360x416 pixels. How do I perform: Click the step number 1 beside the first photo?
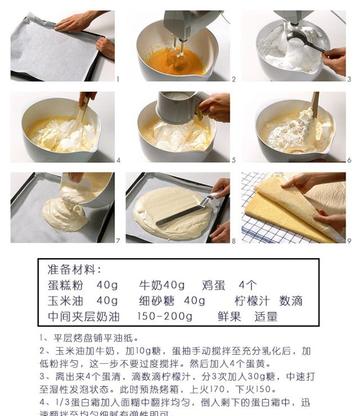116,77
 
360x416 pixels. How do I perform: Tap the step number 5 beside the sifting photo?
231,158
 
